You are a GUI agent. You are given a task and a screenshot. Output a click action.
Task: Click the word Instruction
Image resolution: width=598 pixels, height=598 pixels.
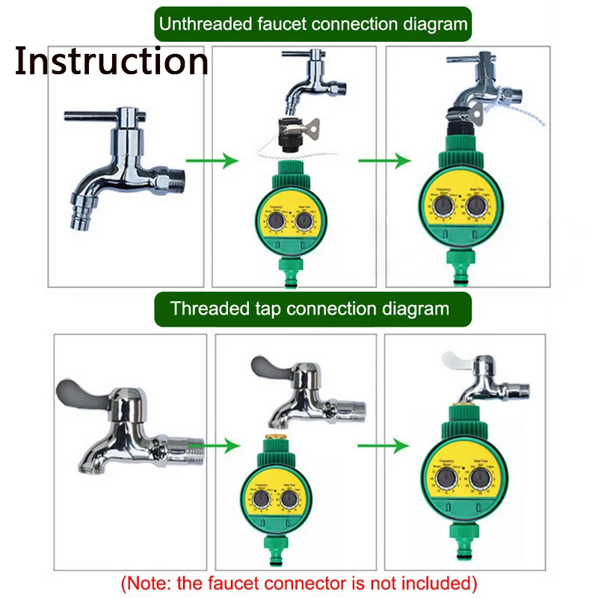(111, 62)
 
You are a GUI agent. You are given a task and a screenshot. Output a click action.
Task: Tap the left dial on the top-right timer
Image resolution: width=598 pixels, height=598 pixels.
(444, 206)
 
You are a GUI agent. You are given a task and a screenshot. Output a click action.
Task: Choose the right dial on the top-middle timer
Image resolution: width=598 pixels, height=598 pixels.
(303, 224)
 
